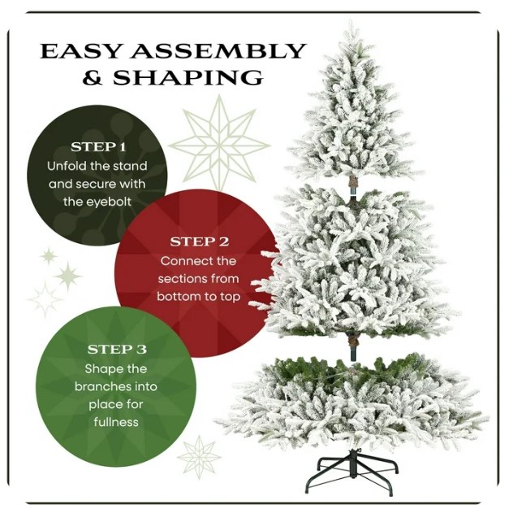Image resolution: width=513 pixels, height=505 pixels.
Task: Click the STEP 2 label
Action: point(199,242)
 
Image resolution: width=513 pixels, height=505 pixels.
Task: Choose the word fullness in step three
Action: point(116,422)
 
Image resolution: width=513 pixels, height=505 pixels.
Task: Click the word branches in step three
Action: point(103,386)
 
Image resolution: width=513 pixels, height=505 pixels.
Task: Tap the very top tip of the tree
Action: point(352,25)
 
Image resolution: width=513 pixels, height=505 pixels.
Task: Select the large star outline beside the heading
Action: point(218,141)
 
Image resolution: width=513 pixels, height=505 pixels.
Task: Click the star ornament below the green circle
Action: point(200,456)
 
